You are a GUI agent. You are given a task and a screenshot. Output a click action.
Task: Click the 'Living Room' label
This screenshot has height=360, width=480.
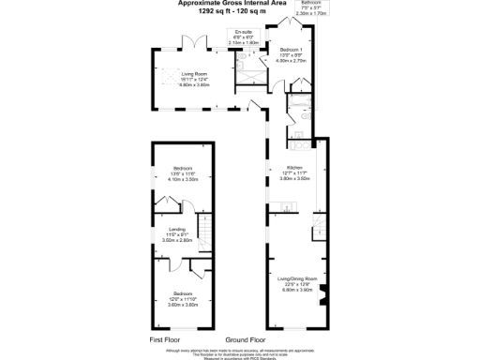coord(194,72)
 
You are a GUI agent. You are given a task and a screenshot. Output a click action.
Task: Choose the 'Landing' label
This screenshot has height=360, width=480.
coord(177,230)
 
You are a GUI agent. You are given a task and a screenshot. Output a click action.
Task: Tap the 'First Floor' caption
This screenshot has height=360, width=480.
coord(165,338)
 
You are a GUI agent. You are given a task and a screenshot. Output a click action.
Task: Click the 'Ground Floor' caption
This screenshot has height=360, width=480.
coord(245,338)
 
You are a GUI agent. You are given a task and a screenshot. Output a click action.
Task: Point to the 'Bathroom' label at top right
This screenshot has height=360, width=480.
coord(310,3)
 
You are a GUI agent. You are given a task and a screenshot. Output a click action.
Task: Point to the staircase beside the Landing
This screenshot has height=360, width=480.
coord(204,232)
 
